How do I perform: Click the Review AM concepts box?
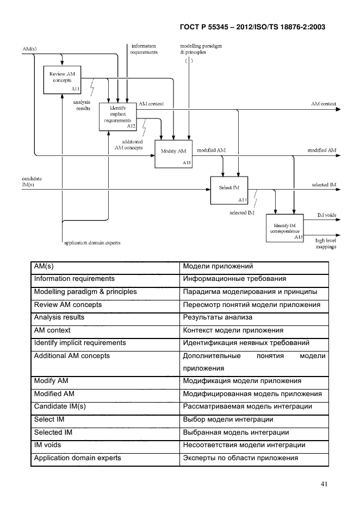pos(61,79)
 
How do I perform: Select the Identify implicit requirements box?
pos(117,115)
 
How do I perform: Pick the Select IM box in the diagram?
pos(229,190)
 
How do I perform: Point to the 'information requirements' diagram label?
pos(144,49)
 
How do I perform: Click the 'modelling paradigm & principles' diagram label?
pos(201,49)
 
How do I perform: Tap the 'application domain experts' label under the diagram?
pos(92,242)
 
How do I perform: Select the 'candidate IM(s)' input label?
pos(32,181)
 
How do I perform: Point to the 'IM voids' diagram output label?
pos(326,215)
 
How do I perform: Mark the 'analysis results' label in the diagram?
pos(83,105)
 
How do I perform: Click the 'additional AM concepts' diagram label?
pos(129,145)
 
